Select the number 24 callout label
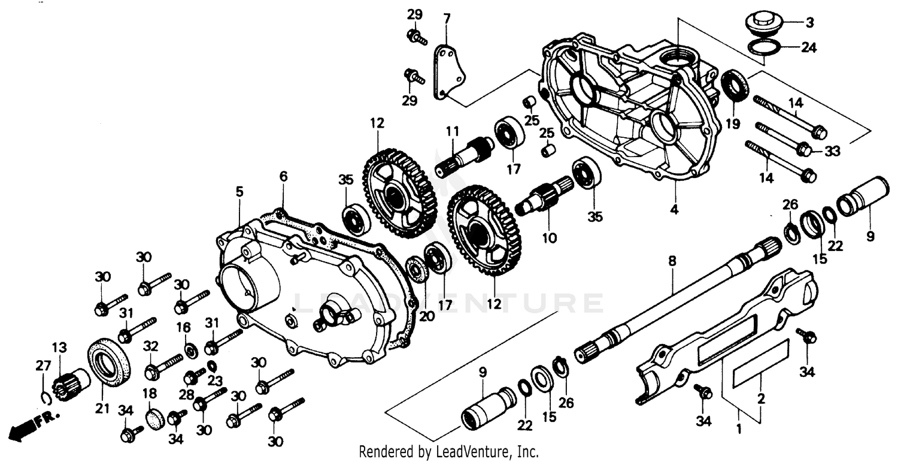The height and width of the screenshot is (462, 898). point(809,47)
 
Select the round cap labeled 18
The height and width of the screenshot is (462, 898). point(155,418)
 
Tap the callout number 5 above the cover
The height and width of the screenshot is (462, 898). point(239,192)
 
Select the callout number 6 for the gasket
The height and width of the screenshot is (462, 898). point(283,176)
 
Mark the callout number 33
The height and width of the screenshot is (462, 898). point(833,151)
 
